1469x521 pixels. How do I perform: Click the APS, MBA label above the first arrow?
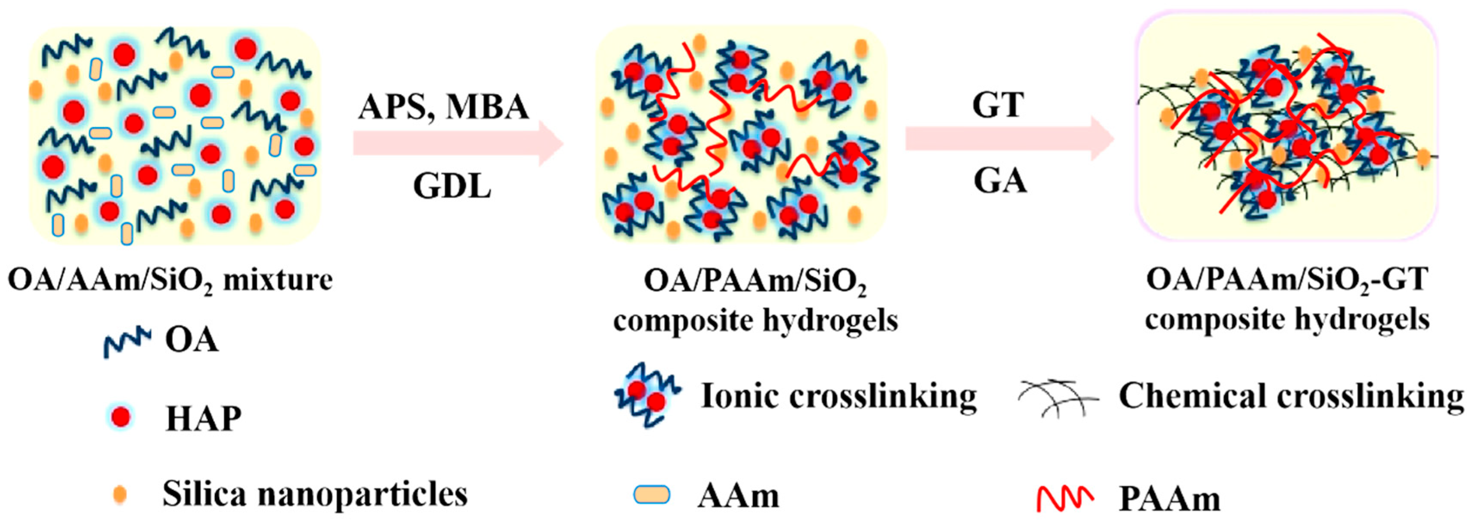click(x=444, y=107)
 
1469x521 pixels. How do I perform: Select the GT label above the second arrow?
click(x=998, y=105)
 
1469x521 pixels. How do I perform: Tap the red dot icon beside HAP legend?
click(x=121, y=418)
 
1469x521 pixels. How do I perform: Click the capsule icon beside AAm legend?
click(x=652, y=494)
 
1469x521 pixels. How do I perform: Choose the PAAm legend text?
click(x=1169, y=499)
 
